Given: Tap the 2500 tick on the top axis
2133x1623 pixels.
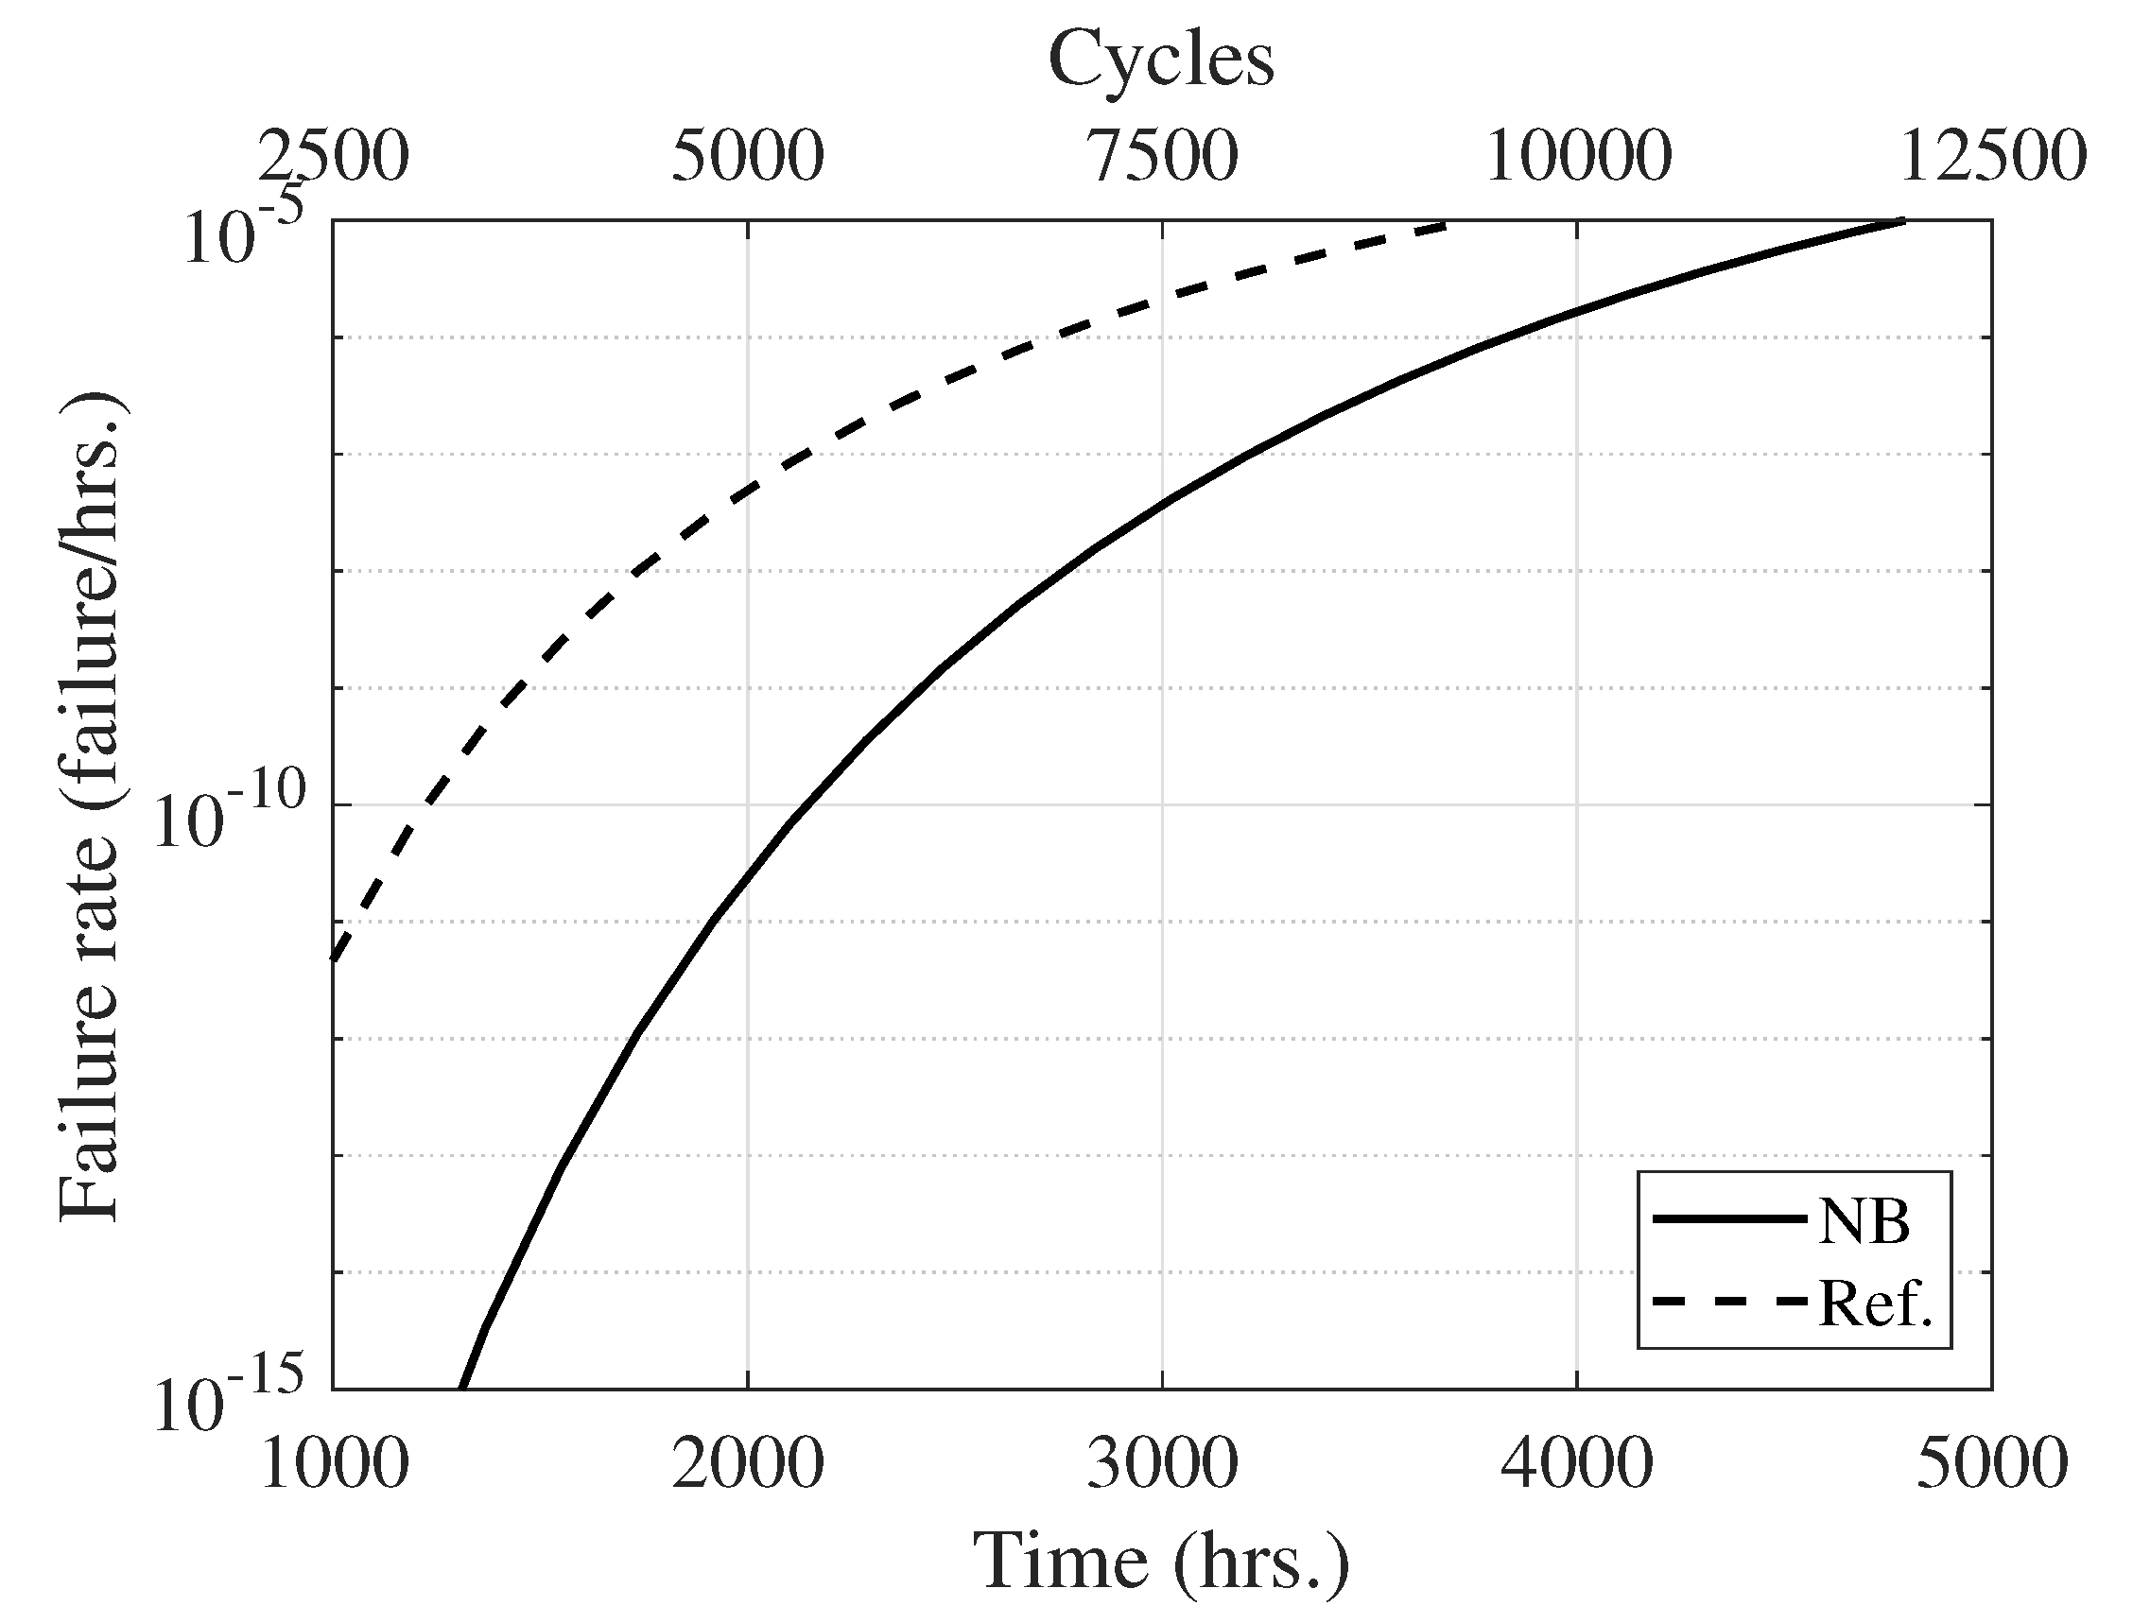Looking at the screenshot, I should [333, 157].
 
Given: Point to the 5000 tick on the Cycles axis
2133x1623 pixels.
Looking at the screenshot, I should [748, 157].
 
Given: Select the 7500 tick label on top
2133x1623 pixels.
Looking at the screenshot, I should [1162, 157].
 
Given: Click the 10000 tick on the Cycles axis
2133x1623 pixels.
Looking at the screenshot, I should [1576, 157].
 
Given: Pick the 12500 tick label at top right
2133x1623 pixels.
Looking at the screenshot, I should [1992, 157].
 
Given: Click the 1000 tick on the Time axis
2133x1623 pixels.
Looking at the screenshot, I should [333, 1464].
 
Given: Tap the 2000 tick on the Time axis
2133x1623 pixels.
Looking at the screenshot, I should [748, 1464].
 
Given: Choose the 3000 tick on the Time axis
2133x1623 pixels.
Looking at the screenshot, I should [1162, 1464].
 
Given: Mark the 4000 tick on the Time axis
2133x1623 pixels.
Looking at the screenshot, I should [1576, 1464].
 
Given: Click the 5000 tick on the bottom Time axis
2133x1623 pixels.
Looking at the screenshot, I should [1992, 1464].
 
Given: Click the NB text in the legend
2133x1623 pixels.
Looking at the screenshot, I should [1864, 1222].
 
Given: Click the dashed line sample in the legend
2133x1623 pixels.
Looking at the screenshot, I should [1729, 1303].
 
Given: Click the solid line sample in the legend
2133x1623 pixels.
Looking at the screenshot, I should [1729, 1219].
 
